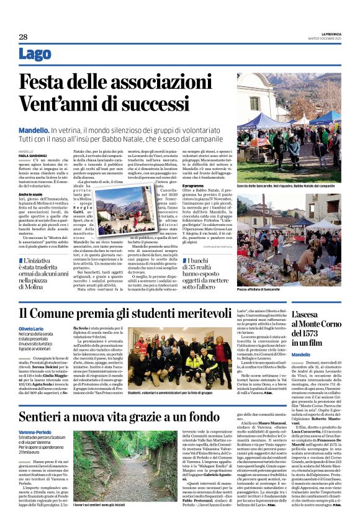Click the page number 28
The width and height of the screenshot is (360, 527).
click(22, 37)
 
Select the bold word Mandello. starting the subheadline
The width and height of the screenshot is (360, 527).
click(34, 131)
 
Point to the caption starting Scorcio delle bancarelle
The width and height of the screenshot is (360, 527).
click(290, 185)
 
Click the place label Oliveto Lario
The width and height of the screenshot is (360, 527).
click(32, 328)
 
